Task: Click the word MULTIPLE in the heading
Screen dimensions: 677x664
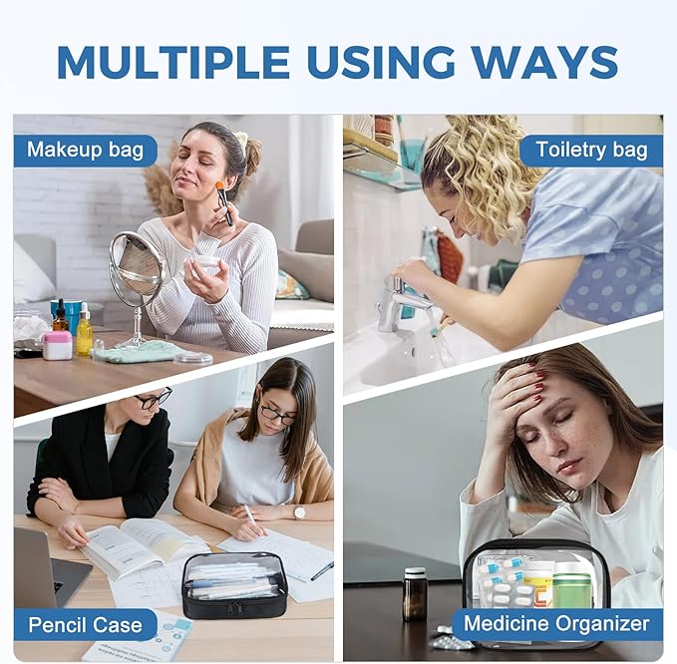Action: click(x=172, y=61)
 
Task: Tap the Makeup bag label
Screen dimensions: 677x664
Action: click(x=85, y=151)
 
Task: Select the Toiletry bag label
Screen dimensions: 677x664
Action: click(x=591, y=151)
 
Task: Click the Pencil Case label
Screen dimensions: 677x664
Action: click(x=85, y=625)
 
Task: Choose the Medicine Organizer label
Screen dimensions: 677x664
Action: click(x=557, y=624)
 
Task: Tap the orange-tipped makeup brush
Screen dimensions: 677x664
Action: click(x=225, y=203)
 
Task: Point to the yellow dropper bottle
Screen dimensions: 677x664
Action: click(x=84, y=330)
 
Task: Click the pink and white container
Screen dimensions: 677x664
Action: click(x=58, y=345)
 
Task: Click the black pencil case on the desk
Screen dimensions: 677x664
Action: click(x=234, y=585)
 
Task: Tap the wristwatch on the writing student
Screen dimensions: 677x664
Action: click(x=299, y=512)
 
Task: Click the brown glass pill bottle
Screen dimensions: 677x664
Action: click(x=415, y=594)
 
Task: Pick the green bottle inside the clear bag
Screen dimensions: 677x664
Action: click(x=571, y=586)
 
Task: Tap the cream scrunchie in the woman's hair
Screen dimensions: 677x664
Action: click(x=241, y=139)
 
